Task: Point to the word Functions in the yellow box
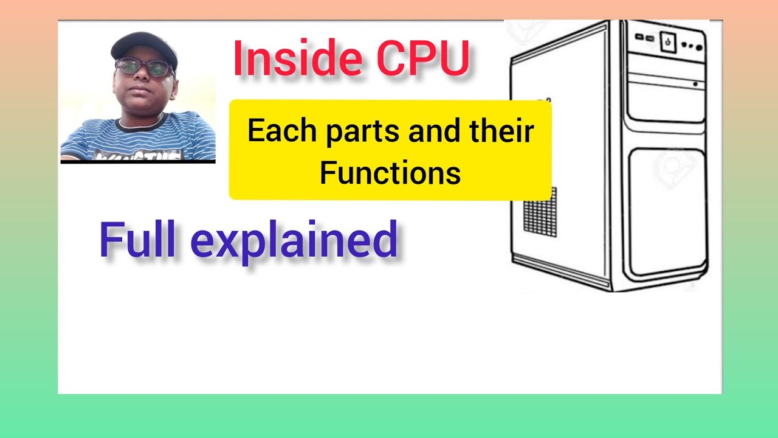390,173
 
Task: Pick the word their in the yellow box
502,132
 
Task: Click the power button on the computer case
668,42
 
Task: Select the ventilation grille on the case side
540,212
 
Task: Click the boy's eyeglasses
145,68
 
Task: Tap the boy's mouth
140,91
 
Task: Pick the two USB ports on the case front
644,38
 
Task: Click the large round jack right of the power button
698,46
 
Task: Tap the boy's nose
140,78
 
